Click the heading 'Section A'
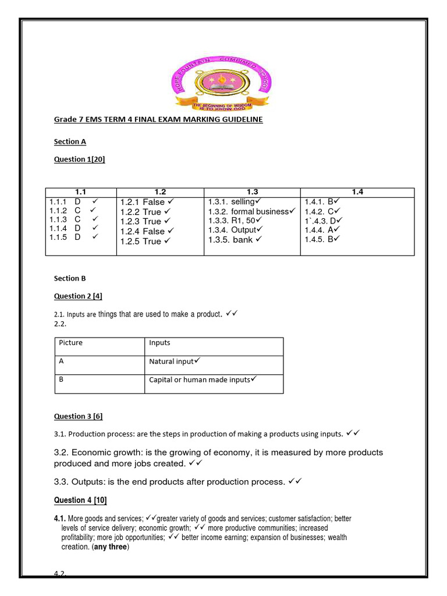click(70, 141)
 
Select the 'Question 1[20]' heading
click(80, 159)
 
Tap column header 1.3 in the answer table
click(252, 191)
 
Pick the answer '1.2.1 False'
click(143, 202)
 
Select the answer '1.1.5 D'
click(65, 237)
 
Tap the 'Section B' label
click(70, 278)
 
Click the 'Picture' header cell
click(71, 343)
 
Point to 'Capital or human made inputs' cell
click(200, 380)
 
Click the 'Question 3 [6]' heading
click(79, 416)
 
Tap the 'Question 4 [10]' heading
click(80, 500)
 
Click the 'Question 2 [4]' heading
click(79, 296)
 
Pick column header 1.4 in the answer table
click(357, 191)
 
